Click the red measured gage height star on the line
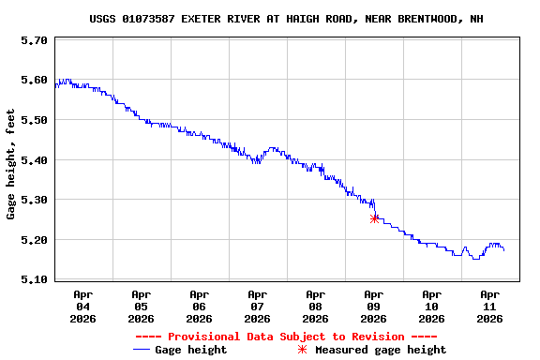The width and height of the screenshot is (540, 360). point(375,218)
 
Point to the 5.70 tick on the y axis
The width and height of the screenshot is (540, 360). point(34,40)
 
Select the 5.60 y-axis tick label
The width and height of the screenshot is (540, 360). point(34,81)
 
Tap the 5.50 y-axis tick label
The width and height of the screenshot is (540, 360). point(34,120)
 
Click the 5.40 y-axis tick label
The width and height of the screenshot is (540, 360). point(34,160)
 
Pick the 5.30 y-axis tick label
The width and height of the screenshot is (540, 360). point(34,200)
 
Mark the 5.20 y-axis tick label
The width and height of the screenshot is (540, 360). point(34,240)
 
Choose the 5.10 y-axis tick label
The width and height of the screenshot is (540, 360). point(34,279)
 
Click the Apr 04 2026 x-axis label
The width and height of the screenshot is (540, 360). point(82,306)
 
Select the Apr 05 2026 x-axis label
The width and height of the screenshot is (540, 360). point(141,306)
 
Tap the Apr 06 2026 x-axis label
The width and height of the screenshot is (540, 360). point(199,306)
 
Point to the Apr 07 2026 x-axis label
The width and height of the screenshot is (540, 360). point(257,306)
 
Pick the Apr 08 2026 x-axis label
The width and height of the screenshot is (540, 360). point(315,306)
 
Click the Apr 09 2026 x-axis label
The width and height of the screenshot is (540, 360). point(373,306)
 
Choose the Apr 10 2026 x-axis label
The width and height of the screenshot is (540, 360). point(431,306)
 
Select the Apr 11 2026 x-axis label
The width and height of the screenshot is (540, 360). point(489,306)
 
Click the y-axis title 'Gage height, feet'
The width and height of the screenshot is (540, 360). point(11,164)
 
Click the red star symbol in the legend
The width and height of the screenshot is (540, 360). point(302,350)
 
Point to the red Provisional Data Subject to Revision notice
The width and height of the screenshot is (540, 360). point(286,337)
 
